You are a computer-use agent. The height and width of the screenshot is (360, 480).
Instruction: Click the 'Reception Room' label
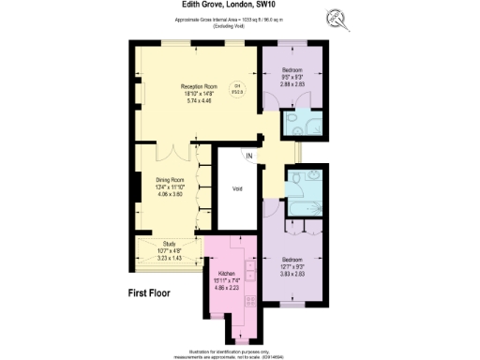pos(199,86)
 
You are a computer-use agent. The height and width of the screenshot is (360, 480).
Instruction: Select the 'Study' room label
pos(168,243)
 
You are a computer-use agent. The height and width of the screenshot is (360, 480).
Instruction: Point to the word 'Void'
pos(237,189)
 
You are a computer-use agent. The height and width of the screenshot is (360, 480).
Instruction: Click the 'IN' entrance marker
pos(250,156)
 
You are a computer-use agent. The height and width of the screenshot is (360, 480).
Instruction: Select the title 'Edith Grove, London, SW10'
pos(239,5)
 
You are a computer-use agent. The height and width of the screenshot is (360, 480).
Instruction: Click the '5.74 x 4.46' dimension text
pos(199,99)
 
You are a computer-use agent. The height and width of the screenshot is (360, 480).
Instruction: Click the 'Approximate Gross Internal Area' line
pos(240,19)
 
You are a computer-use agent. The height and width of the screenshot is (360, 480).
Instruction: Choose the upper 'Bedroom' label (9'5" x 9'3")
pos(292,69)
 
